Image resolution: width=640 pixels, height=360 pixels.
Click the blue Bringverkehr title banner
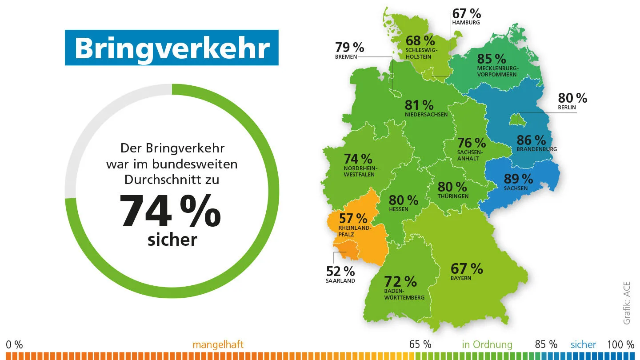point(172,48)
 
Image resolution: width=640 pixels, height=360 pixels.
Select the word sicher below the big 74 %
point(172,240)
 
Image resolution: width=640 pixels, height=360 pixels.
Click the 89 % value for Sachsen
point(518,179)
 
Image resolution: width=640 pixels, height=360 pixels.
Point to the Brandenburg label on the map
point(536,149)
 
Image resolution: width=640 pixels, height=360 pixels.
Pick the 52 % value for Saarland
point(340,271)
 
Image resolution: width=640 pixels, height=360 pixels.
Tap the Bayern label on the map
point(460,278)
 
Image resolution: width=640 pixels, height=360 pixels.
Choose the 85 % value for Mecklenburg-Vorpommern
point(492,59)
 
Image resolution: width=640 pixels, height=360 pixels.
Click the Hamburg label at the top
point(466,22)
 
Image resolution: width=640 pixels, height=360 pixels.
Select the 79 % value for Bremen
point(350,47)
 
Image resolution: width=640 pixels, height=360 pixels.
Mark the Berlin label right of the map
point(567,107)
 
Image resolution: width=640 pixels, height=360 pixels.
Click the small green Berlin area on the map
point(514,119)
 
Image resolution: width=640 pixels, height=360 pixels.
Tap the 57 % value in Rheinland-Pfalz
point(353,218)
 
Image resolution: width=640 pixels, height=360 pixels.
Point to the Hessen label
point(398,209)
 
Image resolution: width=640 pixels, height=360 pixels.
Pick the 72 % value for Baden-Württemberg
point(400,281)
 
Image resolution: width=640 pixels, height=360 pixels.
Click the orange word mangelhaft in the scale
point(218,344)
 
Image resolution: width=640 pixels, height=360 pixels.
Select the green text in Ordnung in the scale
point(487,344)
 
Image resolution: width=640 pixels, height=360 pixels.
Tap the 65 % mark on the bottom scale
point(420,344)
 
